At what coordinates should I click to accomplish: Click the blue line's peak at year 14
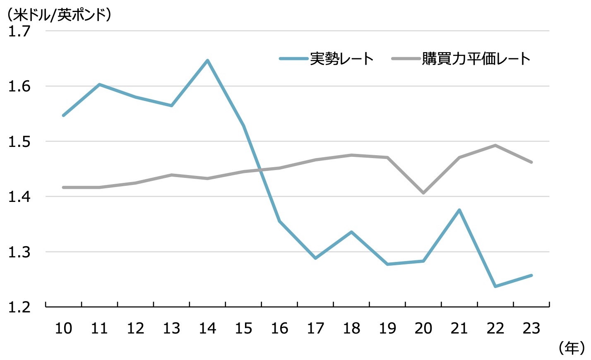[x=207, y=60]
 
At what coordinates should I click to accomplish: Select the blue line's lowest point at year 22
[x=495, y=286]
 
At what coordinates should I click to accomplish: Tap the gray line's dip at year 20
[x=423, y=193]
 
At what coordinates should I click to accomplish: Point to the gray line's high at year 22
[x=495, y=145]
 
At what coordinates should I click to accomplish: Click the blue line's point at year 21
[x=459, y=210]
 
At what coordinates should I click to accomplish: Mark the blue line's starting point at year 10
[x=63, y=115]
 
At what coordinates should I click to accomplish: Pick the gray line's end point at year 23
[x=531, y=162]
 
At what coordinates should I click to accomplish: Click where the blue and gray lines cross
[x=261, y=170]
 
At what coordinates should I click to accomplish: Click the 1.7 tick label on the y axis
[x=19, y=31]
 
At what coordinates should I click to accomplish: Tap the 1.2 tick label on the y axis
[x=19, y=307]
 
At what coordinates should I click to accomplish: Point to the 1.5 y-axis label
[x=19, y=142]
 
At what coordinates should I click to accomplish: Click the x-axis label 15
[x=243, y=329]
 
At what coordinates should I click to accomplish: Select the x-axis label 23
[x=531, y=329]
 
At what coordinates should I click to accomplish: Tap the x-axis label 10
[x=63, y=329]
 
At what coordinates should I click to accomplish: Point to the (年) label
[x=572, y=348]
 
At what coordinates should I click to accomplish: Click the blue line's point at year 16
[x=280, y=221]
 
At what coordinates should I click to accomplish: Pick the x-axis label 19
[x=387, y=329]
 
